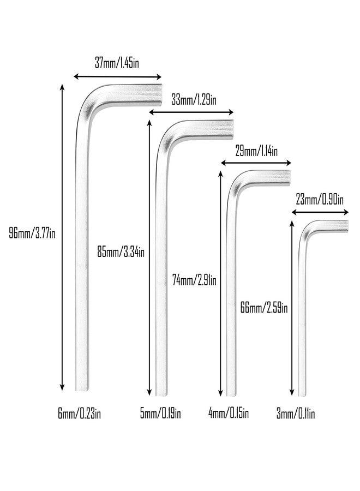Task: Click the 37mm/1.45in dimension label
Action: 117,63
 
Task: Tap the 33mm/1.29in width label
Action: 194,100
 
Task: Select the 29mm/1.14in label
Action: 256,151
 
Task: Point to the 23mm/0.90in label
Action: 320,200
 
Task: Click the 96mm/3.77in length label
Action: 32,233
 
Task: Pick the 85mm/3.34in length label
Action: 121,252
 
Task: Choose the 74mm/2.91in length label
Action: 194,280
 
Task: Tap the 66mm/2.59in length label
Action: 264,308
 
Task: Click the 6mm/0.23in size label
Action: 80,414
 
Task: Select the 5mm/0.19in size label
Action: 160,414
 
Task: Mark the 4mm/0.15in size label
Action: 229,414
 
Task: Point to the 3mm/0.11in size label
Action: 296,414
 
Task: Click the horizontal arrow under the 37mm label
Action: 117,77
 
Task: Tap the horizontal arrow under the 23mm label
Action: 320,212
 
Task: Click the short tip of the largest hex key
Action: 160,95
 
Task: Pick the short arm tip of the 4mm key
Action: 289,178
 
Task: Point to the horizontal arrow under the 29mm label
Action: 256,163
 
